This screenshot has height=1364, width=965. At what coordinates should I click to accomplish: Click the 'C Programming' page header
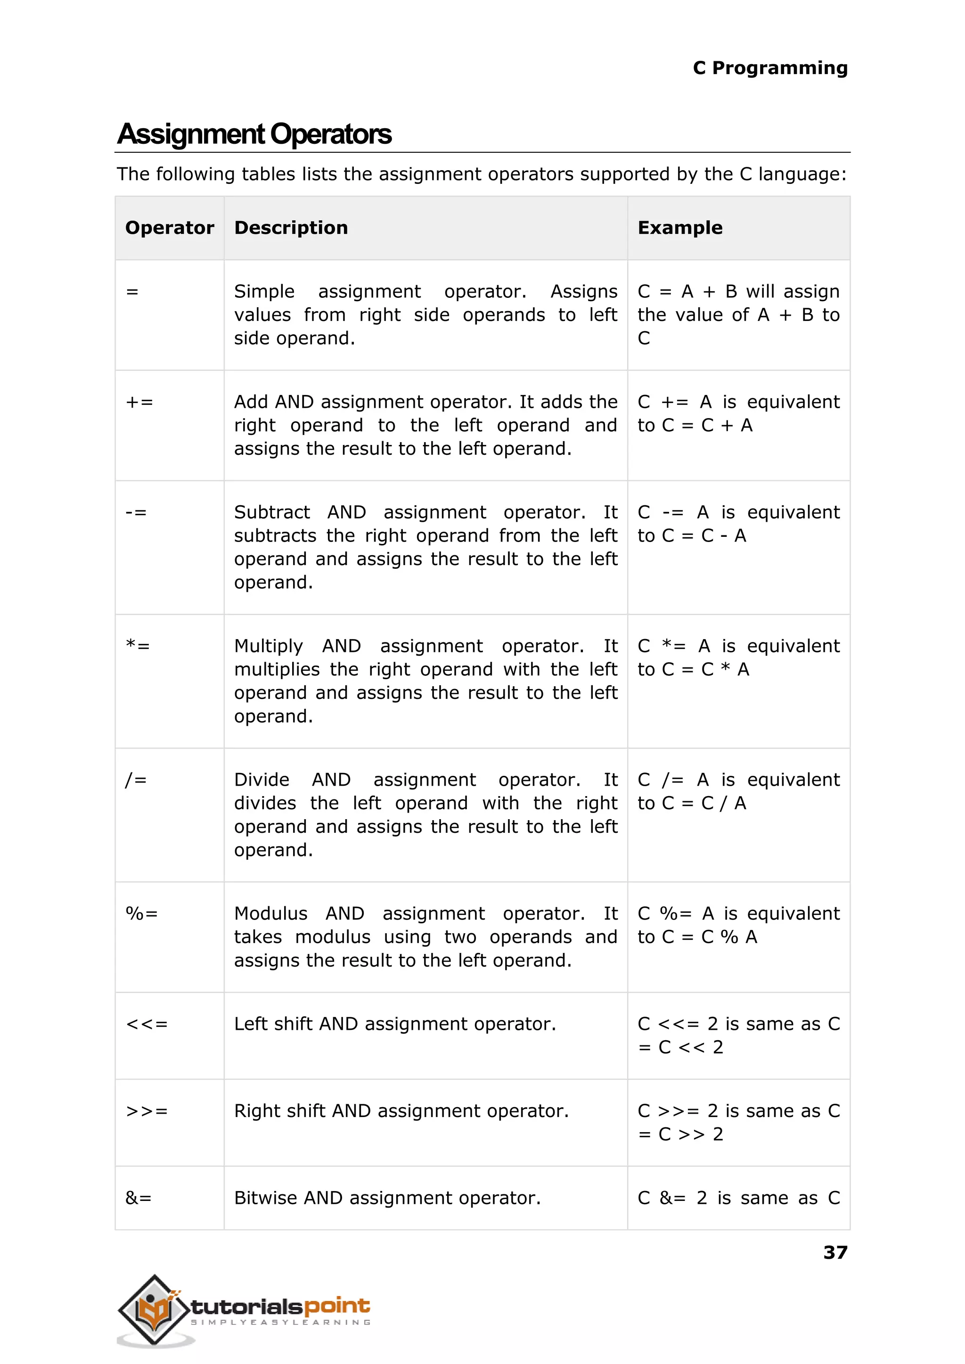click(769, 68)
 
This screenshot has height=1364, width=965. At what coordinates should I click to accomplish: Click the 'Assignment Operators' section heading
click(254, 134)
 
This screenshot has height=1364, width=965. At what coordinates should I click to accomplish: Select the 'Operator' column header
click(169, 228)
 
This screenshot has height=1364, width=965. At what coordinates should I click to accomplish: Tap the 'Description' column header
click(291, 228)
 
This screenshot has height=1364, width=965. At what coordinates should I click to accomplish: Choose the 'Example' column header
click(680, 228)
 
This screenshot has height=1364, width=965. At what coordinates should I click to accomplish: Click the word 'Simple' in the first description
click(264, 292)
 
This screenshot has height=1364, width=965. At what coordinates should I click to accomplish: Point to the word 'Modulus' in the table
click(270, 913)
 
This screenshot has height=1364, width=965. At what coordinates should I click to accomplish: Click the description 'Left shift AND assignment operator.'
click(394, 1024)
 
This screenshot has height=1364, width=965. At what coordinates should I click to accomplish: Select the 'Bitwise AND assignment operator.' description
click(387, 1198)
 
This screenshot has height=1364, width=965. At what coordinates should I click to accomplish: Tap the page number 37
click(835, 1252)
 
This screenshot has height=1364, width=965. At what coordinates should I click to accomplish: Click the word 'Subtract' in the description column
click(271, 512)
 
